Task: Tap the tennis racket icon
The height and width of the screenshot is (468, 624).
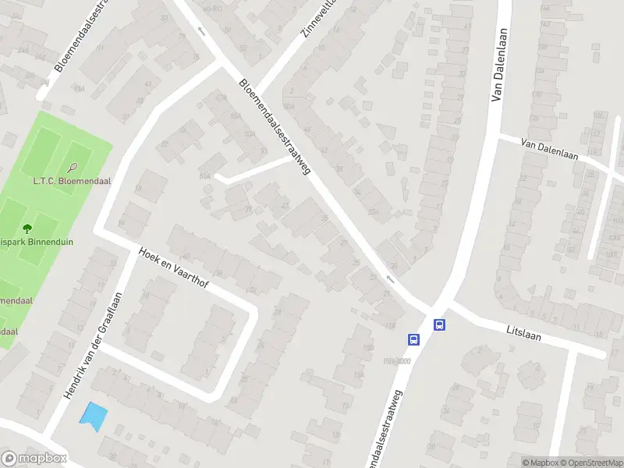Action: click(73, 167)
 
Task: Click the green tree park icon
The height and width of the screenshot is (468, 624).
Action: click(28, 229)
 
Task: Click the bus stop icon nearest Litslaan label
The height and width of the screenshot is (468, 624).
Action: click(440, 325)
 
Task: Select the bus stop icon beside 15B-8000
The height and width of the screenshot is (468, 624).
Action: click(413, 339)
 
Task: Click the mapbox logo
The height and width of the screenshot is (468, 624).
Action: click(34, 459)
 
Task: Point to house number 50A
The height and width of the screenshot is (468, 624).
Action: click(289, 105)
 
